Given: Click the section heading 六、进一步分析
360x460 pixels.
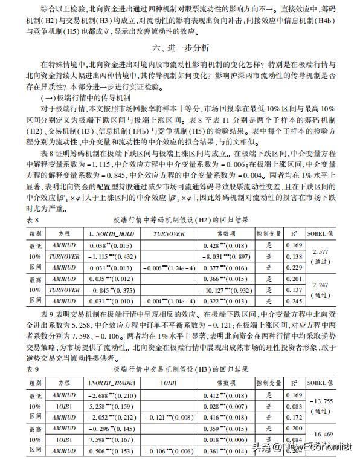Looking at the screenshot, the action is tap(179, 46).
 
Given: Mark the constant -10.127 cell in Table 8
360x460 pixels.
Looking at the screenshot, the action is tap(223, 290).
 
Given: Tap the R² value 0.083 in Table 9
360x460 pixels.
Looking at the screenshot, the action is tap(293, 406).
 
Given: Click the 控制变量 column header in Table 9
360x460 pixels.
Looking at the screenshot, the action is tap(268, 383).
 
